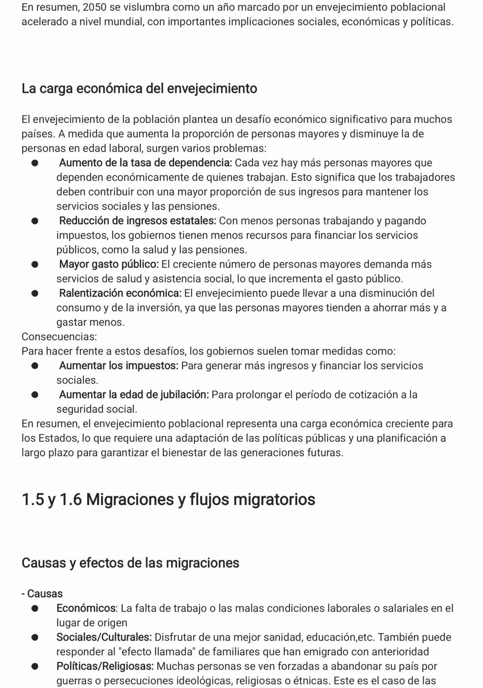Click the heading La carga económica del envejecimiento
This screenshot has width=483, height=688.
pyautogui.click(x=139, y=88)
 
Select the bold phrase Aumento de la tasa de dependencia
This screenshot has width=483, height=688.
pyautogui.click(x=145, y=163)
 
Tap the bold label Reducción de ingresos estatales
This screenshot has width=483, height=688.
pyautogui.click(x=137, y=221)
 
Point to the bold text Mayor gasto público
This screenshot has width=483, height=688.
pyautogui.click(x=109, y=264)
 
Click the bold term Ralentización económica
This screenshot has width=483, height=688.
pyautogui.click(x=120, y=293)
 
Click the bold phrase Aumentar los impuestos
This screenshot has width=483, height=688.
pyautogui.click(x=119, y=366)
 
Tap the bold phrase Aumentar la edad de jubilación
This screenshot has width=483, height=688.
pyautogui.click(x=134, y=395)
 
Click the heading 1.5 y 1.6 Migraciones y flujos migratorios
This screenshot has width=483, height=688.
pyautogui.click(x=168, y=500)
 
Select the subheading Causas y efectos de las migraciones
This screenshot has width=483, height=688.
pyautogui.click(x=130, y=563)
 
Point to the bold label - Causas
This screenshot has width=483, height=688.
pyautogui.click(x=42, y=594)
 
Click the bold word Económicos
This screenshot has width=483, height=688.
pyautogui.click(x=86, y=608)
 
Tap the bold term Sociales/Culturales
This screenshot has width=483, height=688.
pyautogui.click(x=104, y=637)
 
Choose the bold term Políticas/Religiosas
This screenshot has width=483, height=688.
pyautogui.click(x=105, y=667)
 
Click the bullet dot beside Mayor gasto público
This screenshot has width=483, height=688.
pyautogui.click(x=34, y=264)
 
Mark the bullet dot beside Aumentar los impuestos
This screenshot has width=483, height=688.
pyautogui.click(x=34, y=366)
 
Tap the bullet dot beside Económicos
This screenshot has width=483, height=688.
pyautogui.click(x=34, y=608)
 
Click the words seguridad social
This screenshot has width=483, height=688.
pyautogui.click(x=96, y=409)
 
